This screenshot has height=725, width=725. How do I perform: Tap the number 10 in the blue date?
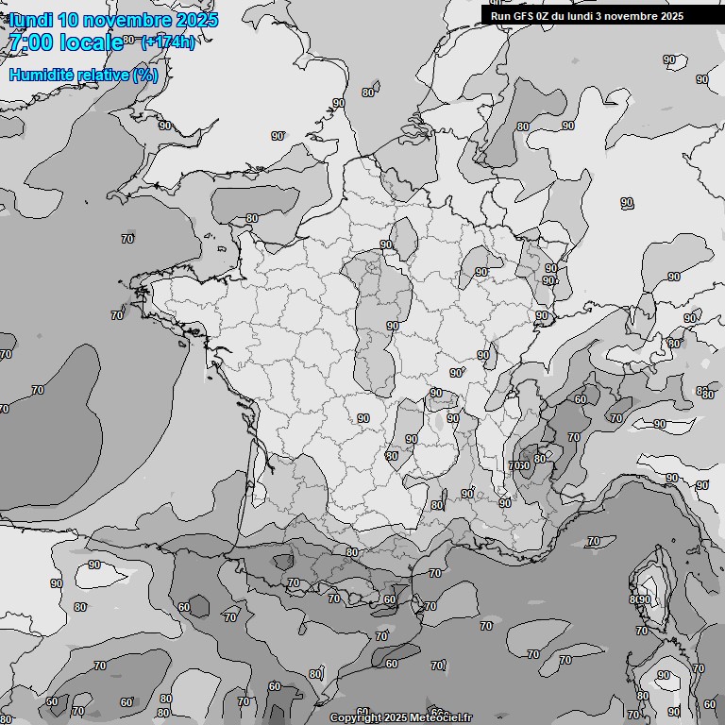(74, 19)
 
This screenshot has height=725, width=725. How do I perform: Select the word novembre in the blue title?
(132, 19)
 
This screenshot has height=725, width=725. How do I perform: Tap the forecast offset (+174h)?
(167, 42)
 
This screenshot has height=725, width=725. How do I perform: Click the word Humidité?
(42, 75)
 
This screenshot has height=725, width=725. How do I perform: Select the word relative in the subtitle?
(105, 75)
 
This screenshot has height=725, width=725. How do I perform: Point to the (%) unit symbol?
(145, 75)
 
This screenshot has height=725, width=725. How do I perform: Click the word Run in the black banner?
(500, 15)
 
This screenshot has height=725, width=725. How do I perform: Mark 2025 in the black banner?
(671, 15)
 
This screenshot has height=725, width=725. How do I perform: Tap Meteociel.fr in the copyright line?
(441, 717)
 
